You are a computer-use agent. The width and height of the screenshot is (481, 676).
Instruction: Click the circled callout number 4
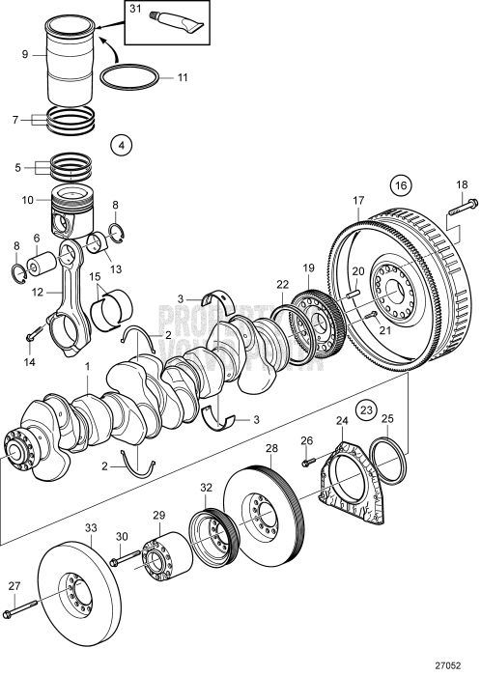[x=122, y=146]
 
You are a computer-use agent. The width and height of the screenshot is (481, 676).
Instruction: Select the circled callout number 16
[x=401, y=183]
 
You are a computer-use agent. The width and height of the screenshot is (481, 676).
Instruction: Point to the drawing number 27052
[x=460, y=665]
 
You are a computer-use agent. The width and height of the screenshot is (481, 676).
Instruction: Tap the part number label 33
[x=90, y=528]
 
